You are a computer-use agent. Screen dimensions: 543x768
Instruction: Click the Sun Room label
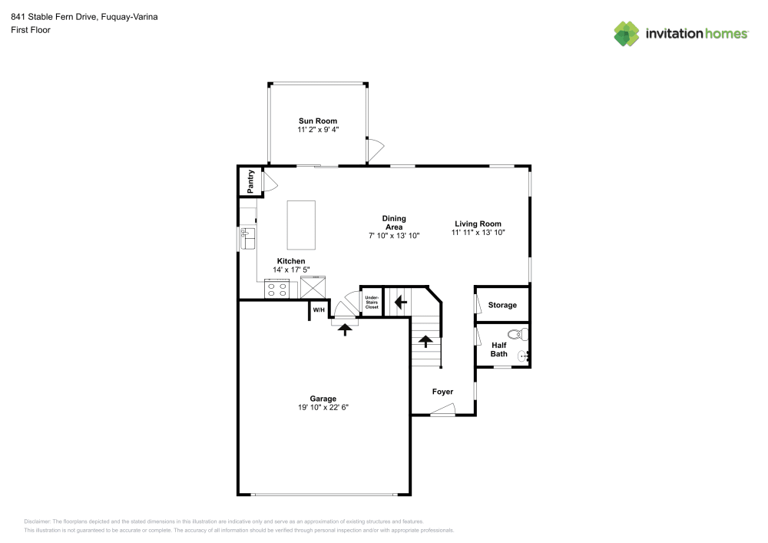pyautogui.click(x=317, y=121)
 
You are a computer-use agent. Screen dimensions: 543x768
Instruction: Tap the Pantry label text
pyautogui.click(x=250, y=181)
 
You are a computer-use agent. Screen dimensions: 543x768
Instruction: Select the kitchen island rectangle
pyautogui.click(x=301, y=225)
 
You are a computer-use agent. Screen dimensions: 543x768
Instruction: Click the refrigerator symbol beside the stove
pyautogui.click(x=313, y=288)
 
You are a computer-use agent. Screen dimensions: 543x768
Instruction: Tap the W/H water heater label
pyautogui.click(x=318, y=310)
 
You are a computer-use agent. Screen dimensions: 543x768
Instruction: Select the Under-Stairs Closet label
pyautogui.click(x=372, y=302)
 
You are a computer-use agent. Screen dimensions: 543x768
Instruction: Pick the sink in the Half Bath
pyautogui.click(x=523, y=356)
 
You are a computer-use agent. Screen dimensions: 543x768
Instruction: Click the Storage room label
pyautogui.click(x=502, y=306)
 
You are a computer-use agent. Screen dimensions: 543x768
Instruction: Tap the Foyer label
pyautogui.click(x=442, y=392)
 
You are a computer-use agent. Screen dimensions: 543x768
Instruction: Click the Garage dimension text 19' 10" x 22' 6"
pyautogui.click(x=323, y=407)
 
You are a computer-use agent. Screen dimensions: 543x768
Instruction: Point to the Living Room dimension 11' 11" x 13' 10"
pyautogui.click(x=478, y=232)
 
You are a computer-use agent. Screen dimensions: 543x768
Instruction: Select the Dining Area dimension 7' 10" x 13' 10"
pyautogui.click(x=394, y=235)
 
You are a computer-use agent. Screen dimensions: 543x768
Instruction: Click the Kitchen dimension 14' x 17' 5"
pyautogui.click(x=291, y=270)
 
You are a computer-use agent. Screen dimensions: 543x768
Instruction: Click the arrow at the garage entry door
pyautogui.click(x=345, y=329)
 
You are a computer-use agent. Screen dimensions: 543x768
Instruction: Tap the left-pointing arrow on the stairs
pyautogui.click(x=400, y=302)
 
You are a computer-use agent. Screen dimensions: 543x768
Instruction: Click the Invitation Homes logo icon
pyautogui.click(x=627, y=33)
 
